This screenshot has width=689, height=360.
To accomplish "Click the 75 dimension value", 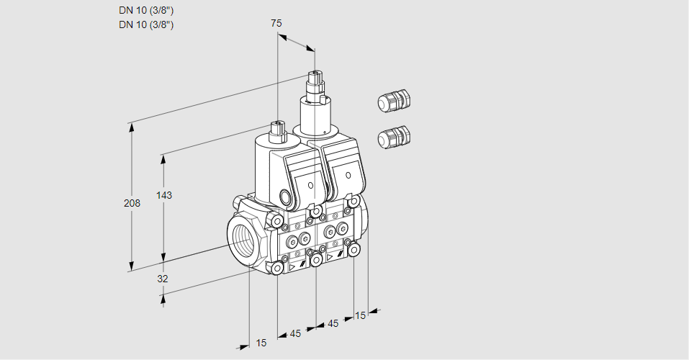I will [x=276, y=23].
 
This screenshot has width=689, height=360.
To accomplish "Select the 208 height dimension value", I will [x=132, y=203].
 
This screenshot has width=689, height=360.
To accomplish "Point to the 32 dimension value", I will [x=162, y=279].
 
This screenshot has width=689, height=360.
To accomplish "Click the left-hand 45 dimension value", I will [x=296, y=333].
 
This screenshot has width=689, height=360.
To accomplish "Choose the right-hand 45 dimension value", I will [x=333, y=324].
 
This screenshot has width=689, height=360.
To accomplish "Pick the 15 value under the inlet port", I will [x=261, y=343].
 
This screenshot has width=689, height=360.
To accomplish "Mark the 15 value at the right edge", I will [x=360, y=315].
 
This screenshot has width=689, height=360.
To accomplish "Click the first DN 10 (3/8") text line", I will [x=147, y=10].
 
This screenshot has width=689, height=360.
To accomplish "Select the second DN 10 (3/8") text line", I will [x=147, y=24].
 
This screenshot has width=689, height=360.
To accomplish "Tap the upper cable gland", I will [x=393, y=102].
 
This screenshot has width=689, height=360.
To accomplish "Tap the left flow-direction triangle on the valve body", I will [x=292, y=266].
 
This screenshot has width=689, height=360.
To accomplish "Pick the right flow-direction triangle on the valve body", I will [x=330, y=256].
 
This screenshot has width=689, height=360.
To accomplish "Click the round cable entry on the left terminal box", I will [x=285, y=197].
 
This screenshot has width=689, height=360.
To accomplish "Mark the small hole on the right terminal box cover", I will [x=348, y=175].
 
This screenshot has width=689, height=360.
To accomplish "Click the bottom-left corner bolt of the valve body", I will [x=277, y=268].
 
